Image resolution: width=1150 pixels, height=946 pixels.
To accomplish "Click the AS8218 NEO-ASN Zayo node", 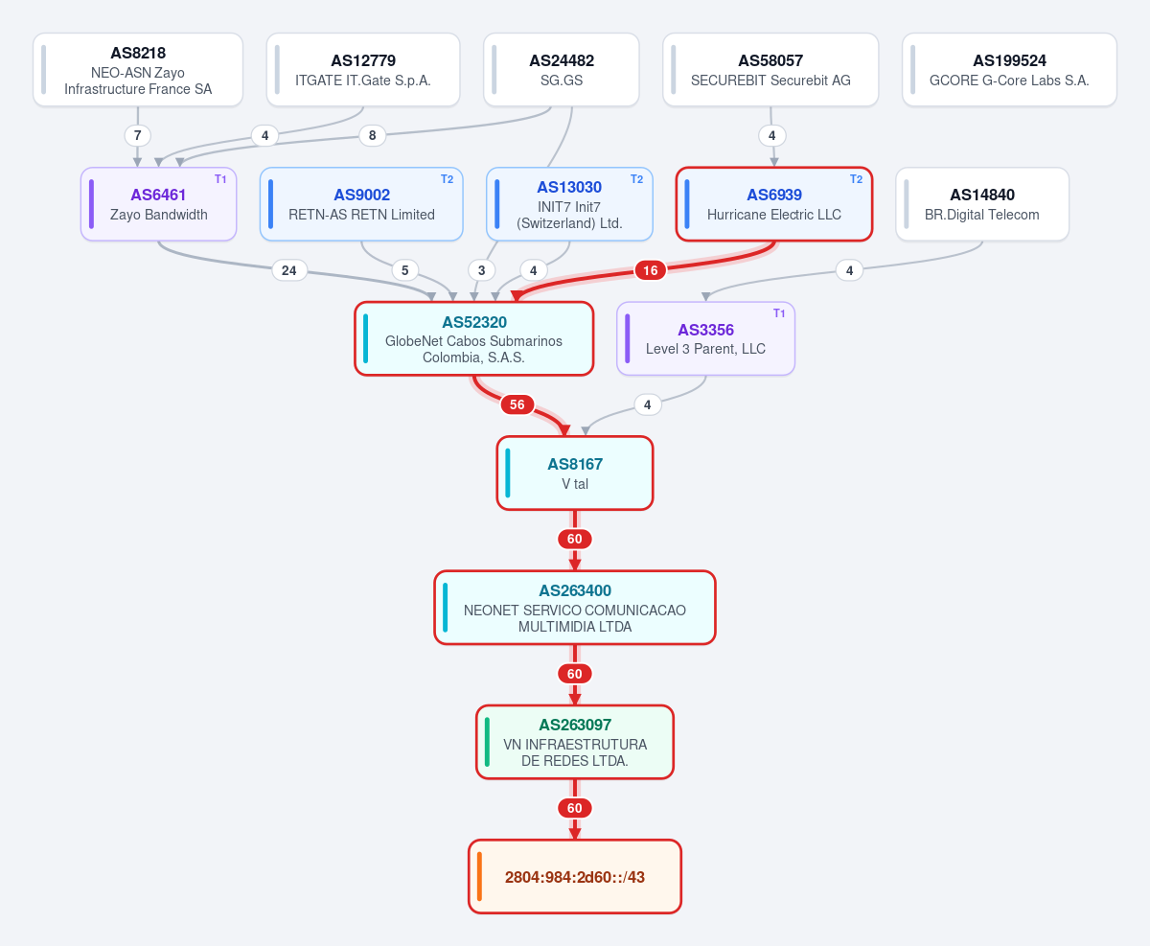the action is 138,70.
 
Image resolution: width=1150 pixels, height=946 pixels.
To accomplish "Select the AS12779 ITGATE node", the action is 363,70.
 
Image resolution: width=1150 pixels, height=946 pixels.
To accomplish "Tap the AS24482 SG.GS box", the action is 561,70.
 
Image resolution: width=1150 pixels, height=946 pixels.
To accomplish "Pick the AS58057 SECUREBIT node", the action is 770,70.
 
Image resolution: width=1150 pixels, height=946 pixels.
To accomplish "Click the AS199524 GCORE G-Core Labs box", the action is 1009,70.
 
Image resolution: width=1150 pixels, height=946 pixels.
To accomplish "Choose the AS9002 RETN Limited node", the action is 361,204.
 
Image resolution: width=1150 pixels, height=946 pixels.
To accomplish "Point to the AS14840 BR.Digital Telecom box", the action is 982,204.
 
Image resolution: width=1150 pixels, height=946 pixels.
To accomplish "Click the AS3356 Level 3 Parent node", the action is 705,338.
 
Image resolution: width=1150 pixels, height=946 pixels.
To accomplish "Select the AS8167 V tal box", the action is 575,473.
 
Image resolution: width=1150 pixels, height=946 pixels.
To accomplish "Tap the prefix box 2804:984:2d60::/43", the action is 575,877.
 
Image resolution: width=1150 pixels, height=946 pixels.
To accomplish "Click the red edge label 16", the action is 650,270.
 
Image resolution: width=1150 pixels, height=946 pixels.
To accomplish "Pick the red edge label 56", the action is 517,404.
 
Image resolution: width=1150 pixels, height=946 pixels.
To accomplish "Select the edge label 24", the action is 289,270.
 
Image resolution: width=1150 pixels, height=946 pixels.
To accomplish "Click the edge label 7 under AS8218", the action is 137,135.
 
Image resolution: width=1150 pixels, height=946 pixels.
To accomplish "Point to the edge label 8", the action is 373,135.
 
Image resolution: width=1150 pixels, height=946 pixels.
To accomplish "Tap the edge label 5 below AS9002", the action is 405,270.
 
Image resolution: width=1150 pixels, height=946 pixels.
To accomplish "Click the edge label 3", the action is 481,270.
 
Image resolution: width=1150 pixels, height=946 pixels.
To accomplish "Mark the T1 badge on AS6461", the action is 220,179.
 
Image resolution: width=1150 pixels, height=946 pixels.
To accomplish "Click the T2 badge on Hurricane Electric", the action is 856,179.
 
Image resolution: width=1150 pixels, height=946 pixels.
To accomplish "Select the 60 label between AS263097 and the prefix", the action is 575,808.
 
